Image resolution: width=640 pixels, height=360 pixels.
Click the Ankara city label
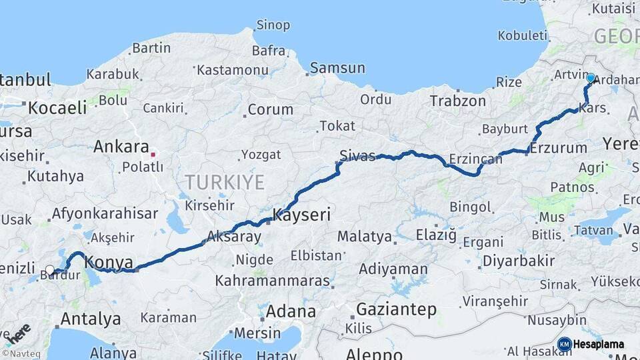(121, 147)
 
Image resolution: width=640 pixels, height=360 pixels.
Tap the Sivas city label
(357, 156)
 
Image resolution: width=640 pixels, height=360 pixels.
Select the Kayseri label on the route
(301, 215)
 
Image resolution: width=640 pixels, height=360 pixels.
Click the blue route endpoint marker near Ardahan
(590, 78)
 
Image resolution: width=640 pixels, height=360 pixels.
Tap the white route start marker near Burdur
(50, 270)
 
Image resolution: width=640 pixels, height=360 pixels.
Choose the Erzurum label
(559, 147)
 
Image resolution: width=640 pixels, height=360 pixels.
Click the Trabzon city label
(458, 101)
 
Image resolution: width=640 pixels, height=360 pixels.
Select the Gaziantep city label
(396, 309)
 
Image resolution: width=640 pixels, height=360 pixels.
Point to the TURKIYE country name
(224, 182)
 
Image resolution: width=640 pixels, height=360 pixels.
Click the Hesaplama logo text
(599, 345)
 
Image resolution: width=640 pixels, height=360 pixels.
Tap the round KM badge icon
(564, 345)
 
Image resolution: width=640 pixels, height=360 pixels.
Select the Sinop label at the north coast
(273, 25)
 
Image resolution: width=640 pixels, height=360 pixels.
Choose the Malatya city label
(364, 236)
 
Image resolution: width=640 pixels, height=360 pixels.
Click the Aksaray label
(234, 236)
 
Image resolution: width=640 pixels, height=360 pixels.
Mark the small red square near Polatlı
(153, 155)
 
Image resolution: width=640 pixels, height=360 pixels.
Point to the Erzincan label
(475, 159)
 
